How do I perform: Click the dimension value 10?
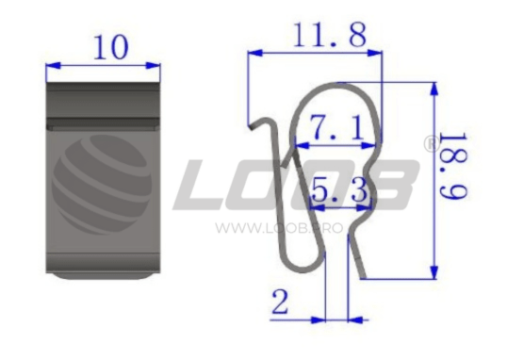111,47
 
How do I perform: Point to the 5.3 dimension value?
339,190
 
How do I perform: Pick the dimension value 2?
280,303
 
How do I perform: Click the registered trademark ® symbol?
432,144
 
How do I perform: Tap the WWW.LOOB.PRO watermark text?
279,228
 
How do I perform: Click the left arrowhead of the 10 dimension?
53,66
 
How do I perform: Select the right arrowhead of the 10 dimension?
153,66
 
